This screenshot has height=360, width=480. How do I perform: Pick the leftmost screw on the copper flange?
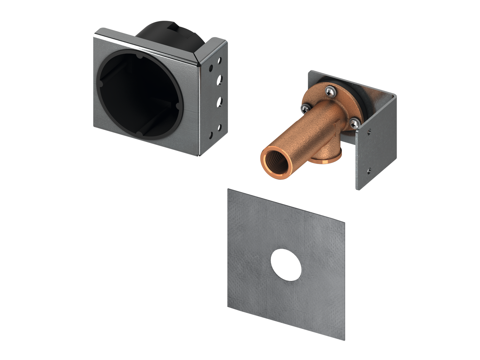pyautogui.click(x=305, y=107)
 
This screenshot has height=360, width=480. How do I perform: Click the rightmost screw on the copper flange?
pyautogui.click(x=354, y=123)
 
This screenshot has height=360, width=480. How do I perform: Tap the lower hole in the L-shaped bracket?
pyautogui.click(x=369, y=171)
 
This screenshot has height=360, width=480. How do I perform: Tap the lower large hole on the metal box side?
pyautogui.click(x=220, y=102)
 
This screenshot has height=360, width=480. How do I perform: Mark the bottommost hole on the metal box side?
pyautogui.click(x=219, y=127)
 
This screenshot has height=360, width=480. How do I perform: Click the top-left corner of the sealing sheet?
pyautogui.click(x=229, y=190)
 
